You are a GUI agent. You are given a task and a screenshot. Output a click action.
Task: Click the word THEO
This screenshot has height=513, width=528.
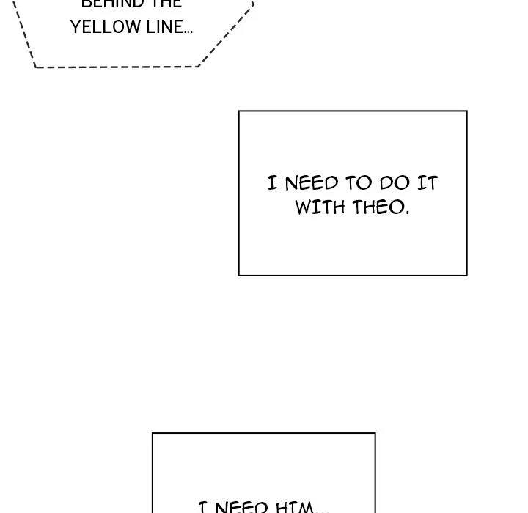(x=378, y=207)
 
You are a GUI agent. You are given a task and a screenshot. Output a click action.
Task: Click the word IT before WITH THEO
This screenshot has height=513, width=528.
(x=427, y=183)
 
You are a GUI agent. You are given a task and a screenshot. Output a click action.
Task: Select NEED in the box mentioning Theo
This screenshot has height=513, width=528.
(x=312, y=183)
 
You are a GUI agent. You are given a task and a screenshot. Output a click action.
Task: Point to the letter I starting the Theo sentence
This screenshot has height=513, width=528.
(x=273, y=183)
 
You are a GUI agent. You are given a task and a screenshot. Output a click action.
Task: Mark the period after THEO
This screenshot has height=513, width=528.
(x=407, y=213)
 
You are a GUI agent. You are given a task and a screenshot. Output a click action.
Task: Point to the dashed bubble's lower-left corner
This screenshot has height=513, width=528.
(x=35, y=67)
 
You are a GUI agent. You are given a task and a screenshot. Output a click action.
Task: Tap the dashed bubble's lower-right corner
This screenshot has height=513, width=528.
(x=198, y=66)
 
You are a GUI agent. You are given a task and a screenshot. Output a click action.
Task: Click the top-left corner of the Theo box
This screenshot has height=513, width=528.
(x=239, y=111)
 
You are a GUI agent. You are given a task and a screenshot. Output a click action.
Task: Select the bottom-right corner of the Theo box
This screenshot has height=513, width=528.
(x=466, y=275)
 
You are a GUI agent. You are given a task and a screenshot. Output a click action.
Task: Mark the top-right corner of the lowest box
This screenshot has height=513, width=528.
(x=375, y=433)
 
